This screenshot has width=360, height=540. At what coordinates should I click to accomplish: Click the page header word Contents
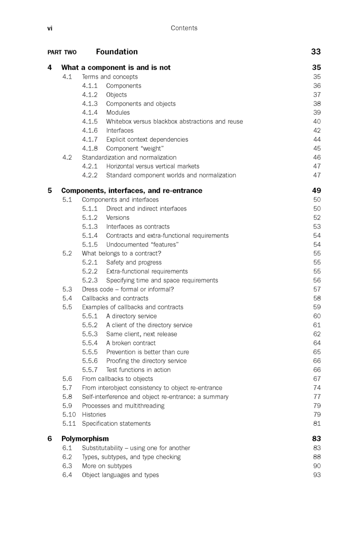point(184,28)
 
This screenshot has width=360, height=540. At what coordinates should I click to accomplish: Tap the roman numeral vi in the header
point(50,28)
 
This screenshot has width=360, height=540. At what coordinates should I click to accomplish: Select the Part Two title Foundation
point(117,52)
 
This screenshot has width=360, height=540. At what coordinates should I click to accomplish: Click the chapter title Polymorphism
point(85,438)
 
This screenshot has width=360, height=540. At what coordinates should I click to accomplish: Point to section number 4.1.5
point(90,122)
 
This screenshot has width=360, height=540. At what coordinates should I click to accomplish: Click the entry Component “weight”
point(135,148)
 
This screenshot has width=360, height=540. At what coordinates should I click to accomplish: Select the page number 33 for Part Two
point(316,52)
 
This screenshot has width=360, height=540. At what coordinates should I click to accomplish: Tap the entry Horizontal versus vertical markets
point(152,166)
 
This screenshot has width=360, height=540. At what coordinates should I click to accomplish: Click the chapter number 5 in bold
point(50,190)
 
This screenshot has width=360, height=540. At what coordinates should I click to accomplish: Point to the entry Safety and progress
point(134,263)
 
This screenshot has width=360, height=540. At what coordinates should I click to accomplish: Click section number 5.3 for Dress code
point(67,289)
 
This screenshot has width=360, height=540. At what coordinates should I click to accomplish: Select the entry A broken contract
point(131,343)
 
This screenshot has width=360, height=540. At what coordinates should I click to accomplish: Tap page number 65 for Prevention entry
point(317,352)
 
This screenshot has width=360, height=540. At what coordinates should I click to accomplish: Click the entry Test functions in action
point(138,370)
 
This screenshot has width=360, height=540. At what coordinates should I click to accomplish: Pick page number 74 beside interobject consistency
point(317,388)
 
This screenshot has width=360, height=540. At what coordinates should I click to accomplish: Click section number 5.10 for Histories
point(69,415)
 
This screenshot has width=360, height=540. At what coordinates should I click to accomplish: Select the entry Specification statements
point(116,424)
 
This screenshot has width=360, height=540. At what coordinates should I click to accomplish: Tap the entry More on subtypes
point(106,466)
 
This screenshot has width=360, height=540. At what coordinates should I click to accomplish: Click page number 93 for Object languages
point(317,475)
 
